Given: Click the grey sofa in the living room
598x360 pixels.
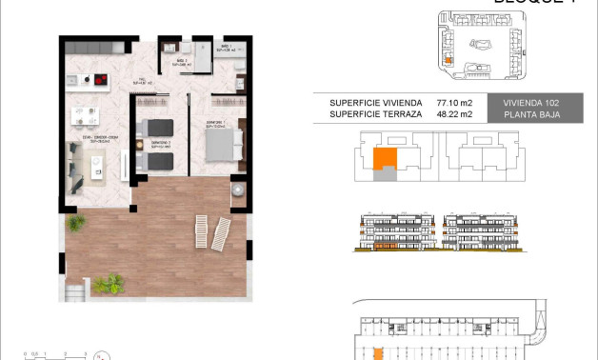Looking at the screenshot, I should click(x=77, y=169).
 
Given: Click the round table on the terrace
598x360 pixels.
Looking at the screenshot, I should click(x=235, y=190).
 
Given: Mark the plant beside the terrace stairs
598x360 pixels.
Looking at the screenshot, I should click(x=110, y=283).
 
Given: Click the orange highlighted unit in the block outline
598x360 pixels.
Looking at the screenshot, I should click(x=385, y=159).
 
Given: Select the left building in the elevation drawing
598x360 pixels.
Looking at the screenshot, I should click(x=394, y=231).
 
